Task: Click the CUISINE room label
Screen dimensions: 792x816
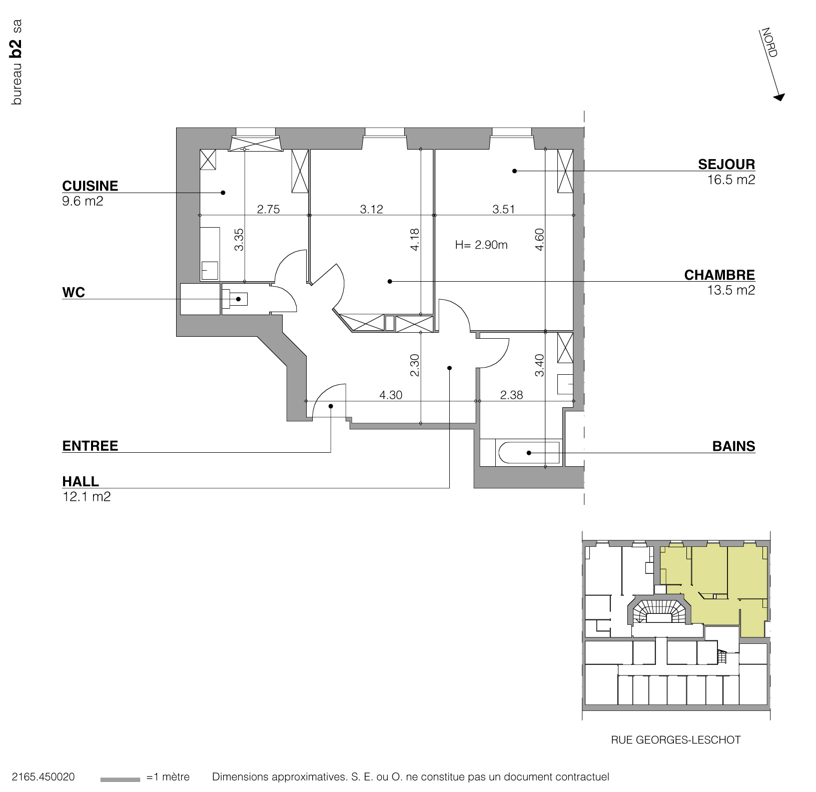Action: [90, 186]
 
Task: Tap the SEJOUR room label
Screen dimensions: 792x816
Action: [726, 164]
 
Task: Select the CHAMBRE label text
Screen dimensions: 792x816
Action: [719, 275]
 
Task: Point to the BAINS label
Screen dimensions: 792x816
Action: [733, 446]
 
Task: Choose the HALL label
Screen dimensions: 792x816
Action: [81, 481]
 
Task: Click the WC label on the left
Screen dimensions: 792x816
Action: [74, 292]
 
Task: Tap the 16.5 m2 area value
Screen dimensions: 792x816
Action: [730, 180]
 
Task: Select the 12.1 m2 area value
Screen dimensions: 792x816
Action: [87, 497]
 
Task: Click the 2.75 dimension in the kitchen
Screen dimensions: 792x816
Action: [268, 209]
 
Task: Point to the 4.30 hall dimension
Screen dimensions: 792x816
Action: [391, 395]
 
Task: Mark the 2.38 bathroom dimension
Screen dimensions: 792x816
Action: [511, 395]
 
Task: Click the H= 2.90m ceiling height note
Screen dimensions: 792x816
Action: [481, 245]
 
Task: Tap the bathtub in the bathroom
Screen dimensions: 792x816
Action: [528, 453]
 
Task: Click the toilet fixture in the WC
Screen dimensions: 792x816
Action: [235, 299]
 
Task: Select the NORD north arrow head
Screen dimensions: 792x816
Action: [779, 97]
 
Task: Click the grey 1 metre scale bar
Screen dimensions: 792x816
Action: [120, 779]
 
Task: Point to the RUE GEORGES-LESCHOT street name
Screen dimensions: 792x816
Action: [675, 739]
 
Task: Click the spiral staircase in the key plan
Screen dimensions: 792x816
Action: [657, 611]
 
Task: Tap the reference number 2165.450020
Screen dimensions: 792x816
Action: [44, 776]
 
